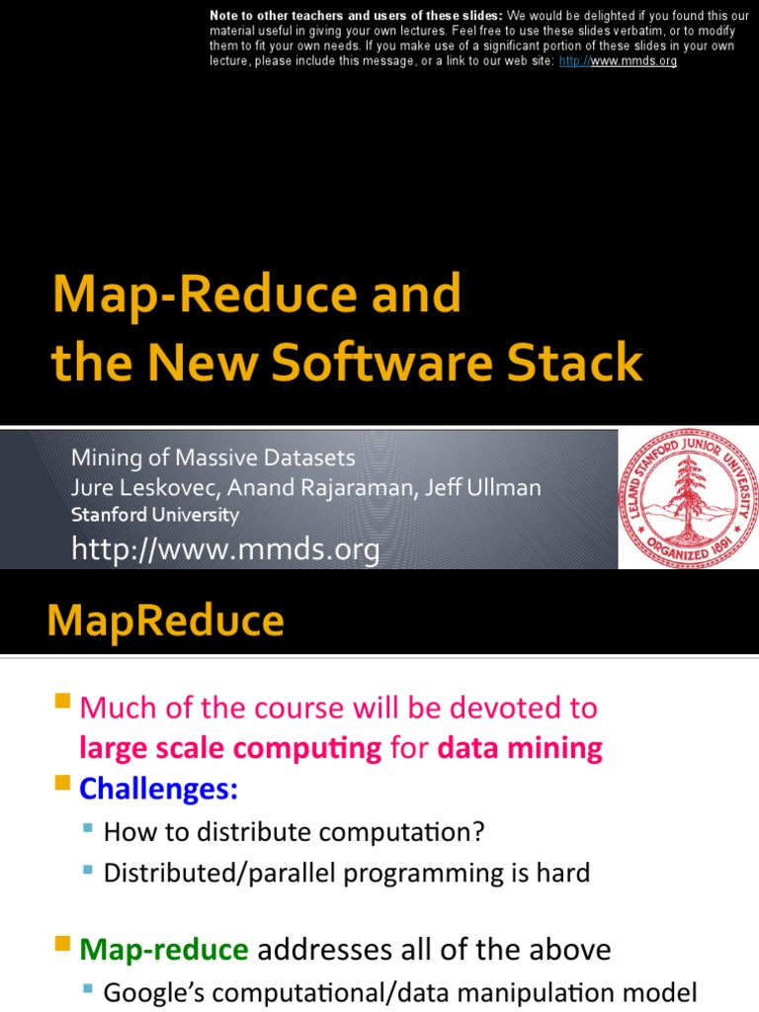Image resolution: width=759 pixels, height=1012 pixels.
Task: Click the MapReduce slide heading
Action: pyautogui.click(x=165, y=622)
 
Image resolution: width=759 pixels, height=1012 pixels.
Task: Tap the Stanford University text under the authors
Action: pyautogui.click(x=154, y=515)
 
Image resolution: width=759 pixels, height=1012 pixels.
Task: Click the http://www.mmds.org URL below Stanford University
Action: pyautogui.click(x=225, y=549)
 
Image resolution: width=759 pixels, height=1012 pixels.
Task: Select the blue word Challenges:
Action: pyautogui.click(x=159, y=789)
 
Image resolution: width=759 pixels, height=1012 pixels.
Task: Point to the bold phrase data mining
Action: pyautogui.click(x=520, y=748)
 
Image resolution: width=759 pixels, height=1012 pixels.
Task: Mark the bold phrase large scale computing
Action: pyautogui.click(x=230, y=748)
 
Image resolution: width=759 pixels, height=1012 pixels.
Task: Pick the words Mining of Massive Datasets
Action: pyautogui.click(x=212, y=458)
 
